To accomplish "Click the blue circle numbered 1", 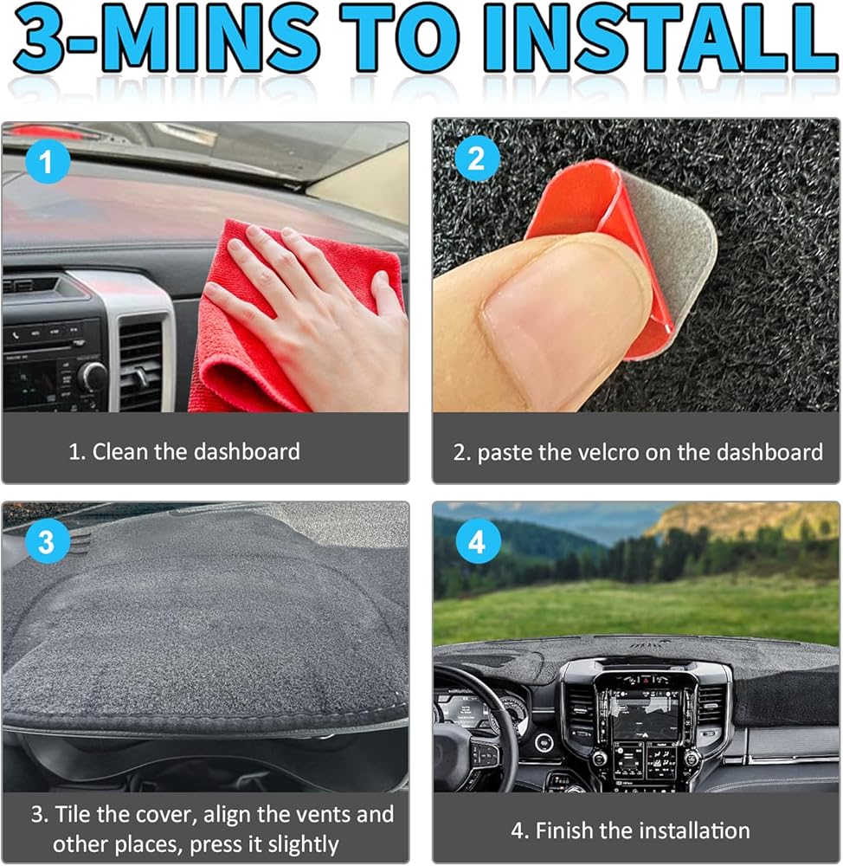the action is (47, 162).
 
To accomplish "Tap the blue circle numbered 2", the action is (477, 158).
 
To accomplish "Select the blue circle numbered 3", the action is (47, 540).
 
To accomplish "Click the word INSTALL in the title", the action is (660, 40).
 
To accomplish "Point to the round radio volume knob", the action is (93, 378).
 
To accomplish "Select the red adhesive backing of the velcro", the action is (596, 232).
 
